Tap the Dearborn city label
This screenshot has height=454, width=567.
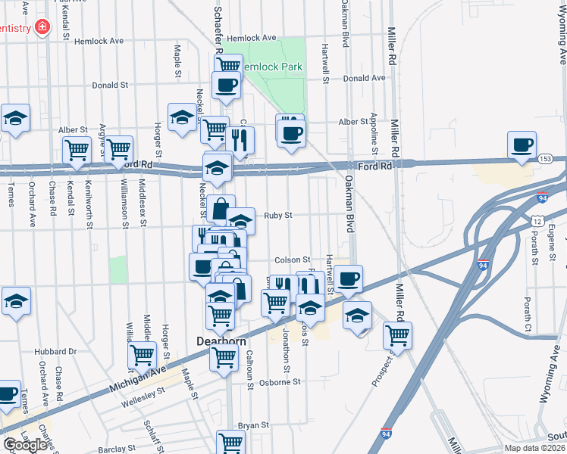[221, 341]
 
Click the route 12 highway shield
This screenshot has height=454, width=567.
[536, 220]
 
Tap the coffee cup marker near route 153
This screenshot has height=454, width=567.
[522, 145]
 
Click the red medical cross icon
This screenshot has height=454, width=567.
[41, 28]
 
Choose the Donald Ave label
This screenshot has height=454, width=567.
[364, 78]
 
